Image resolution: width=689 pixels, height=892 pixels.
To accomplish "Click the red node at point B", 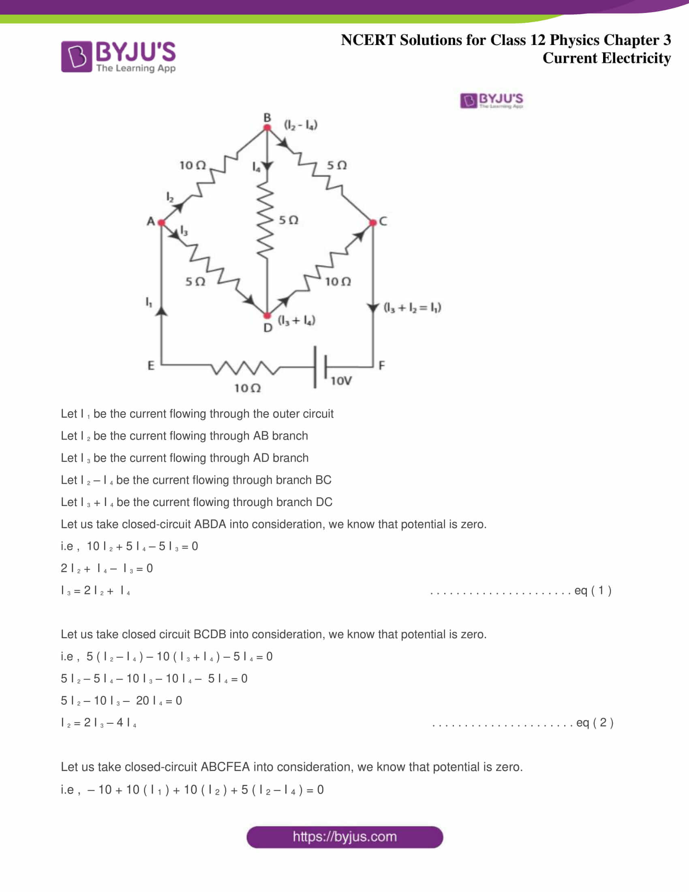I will (x=267, y=127).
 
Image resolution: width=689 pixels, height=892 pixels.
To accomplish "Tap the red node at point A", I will (x=161, y=223).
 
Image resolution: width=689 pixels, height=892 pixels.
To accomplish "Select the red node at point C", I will (x=372, y=223).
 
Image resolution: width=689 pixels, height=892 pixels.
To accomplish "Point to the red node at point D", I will (x=267, y=316).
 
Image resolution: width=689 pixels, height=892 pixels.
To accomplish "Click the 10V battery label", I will (x=341, y=381).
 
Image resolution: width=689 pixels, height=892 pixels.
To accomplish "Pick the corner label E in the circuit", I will (x=151, y=365).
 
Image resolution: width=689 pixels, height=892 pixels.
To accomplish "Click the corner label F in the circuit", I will (x=382, y=365).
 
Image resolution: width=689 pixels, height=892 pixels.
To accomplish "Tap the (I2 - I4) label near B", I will (x=301, y=125).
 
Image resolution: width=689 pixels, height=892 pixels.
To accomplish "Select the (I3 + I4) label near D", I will (x=297, y=320).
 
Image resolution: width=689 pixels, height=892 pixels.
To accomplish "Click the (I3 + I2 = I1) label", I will (x=412, y=308).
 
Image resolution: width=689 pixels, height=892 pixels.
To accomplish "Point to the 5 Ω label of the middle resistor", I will (x=289, y=221).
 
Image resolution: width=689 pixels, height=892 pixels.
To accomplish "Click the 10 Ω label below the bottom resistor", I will (x=247, y=388).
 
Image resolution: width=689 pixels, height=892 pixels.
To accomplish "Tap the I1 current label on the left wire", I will (x=149, y=302).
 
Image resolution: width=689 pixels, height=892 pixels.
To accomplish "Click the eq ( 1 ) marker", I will (x=593, y=591).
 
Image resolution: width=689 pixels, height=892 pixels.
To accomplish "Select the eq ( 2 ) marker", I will (x=595, y=723).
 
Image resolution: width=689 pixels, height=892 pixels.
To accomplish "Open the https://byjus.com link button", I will (x=344, y=837).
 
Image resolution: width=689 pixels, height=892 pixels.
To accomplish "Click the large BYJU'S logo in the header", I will (x=118, y=56).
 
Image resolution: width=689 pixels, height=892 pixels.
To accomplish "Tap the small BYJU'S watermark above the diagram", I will (x=492, y=101).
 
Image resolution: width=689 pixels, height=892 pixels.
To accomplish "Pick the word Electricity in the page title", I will (x=636, y=58).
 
